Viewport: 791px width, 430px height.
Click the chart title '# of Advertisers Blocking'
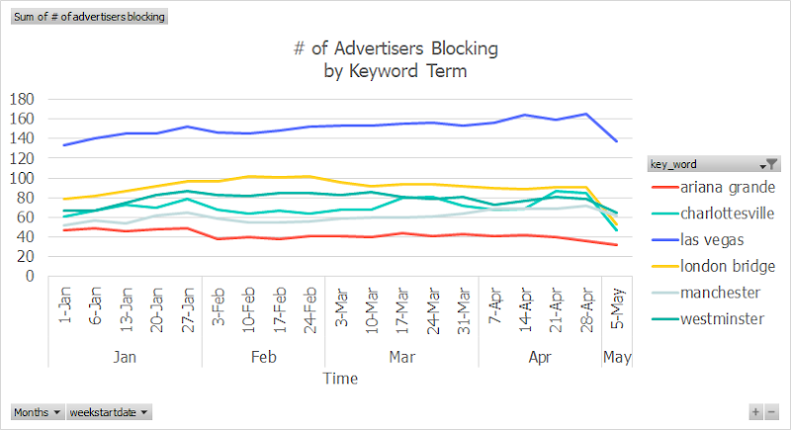click(395, 47)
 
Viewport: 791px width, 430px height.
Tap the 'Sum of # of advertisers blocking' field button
click(89, 17)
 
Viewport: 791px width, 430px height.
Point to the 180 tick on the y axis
click(22, 99)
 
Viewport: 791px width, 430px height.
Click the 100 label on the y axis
click(22, 178)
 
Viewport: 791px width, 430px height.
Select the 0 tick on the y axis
click(31, 277)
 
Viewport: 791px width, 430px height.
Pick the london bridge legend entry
click(710, 267)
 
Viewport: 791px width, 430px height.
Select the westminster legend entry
click(710, 318)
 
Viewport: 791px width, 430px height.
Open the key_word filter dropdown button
click(769, 164)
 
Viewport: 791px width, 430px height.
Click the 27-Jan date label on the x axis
click(187, 309)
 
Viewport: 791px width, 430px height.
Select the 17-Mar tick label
click(401, 309)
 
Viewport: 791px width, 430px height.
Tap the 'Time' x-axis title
click(339, 378)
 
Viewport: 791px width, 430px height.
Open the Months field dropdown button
click(38, 412)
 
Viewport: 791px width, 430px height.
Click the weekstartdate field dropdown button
click(109, 412)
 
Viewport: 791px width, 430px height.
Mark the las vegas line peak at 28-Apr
click(588, 114)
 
